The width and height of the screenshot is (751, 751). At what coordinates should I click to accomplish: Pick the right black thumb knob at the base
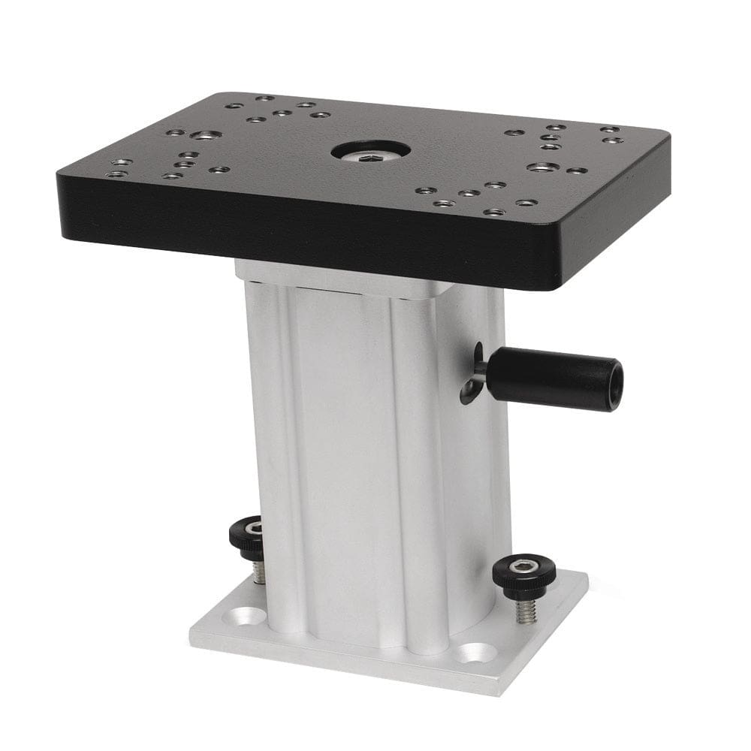[524, 575]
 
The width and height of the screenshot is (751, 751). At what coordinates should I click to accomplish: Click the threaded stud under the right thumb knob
[523, 609]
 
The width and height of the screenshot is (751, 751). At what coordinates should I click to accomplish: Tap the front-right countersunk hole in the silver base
[475, 652]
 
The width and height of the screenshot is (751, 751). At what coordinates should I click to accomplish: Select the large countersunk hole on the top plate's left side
[205, 135]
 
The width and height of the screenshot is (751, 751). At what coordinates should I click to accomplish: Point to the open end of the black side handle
[615, 385]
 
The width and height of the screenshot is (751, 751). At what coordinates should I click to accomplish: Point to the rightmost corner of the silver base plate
[587, 580]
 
